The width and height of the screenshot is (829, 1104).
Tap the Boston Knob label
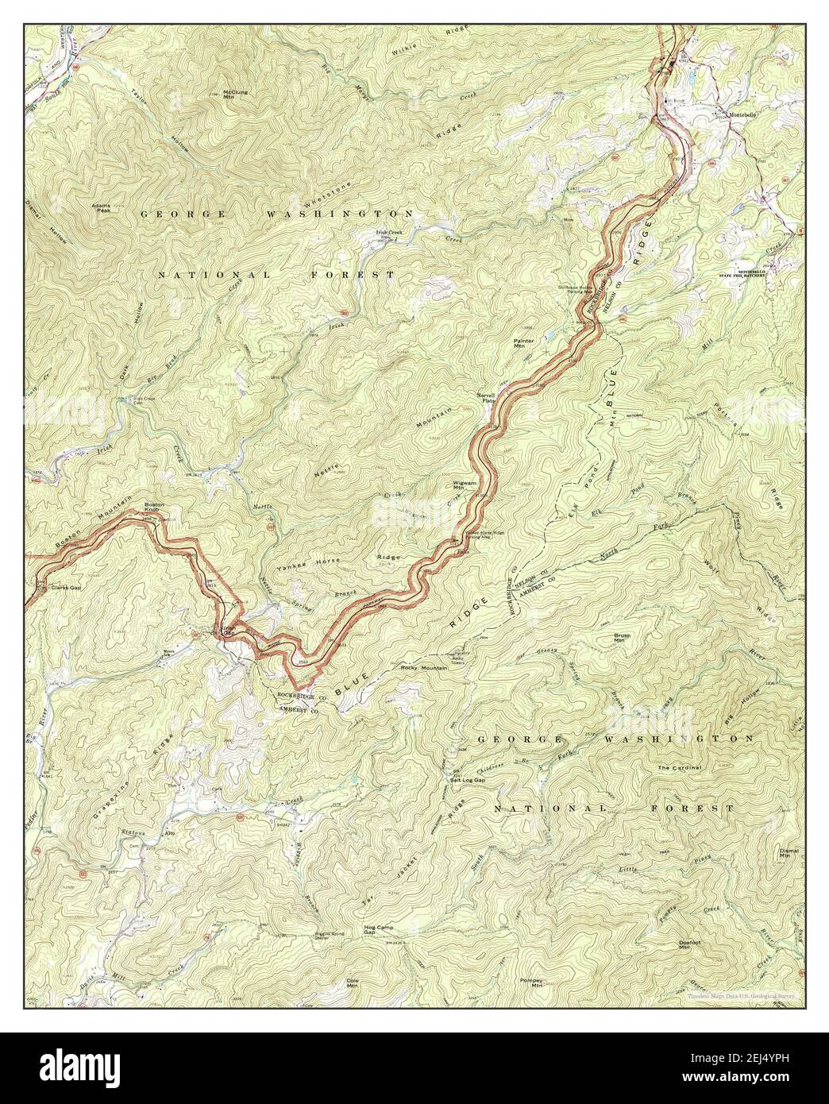pos(154,508)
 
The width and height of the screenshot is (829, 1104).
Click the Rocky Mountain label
pos(425,668)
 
